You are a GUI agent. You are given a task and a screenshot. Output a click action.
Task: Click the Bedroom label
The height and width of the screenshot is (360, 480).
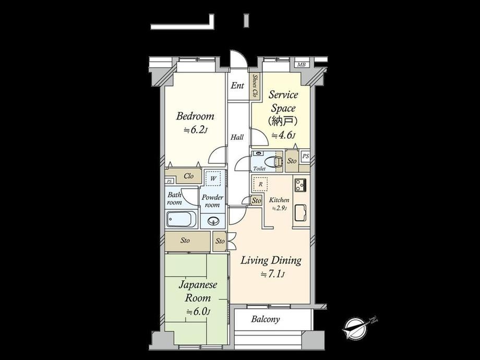point(195,117)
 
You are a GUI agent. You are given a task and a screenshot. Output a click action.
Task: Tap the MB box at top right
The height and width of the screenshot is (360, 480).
point(302,65)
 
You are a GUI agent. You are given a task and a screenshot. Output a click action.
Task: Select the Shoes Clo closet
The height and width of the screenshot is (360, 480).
point(255,86)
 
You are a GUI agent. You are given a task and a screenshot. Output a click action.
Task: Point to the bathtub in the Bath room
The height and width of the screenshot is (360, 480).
point(182,219)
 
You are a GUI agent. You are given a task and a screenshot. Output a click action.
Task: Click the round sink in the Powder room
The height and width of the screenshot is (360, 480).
point(212,221)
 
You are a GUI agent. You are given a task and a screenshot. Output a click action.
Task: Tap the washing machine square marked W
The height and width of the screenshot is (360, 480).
point(213,178)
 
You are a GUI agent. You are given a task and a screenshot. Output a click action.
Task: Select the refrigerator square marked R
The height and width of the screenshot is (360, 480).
point(260,184)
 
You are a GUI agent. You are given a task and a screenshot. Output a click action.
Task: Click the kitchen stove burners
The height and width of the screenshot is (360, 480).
point(301,185)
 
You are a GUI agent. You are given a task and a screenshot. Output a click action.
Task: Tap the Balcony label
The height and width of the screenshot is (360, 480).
point(266,319)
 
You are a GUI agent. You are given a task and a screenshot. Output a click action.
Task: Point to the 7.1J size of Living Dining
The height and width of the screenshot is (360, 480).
point(272,274)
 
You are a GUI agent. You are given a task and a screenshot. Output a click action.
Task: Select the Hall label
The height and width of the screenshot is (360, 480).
point(237,137)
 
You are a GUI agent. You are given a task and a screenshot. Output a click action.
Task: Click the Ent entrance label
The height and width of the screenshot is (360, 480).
point(237,86)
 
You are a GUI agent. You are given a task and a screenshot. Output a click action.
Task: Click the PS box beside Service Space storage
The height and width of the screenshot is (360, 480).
point(305,157)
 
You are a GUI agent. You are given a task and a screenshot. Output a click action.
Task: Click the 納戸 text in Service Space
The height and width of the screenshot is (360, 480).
point(283,122)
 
